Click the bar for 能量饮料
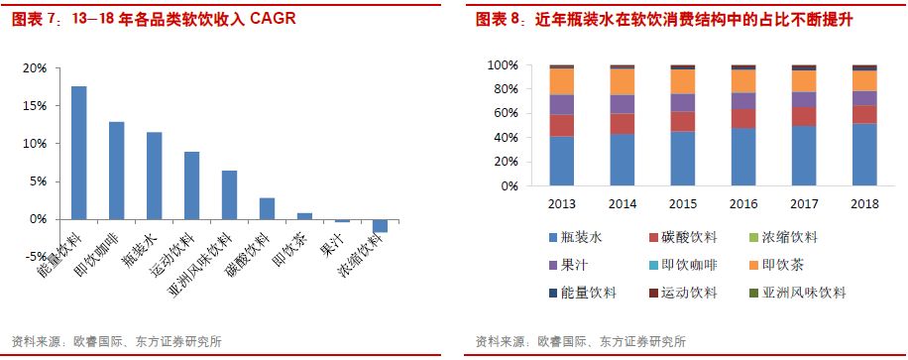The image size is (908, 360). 78,153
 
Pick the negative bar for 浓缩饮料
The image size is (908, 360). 380,225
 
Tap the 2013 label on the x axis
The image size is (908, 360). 561,203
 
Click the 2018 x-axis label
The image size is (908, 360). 863,203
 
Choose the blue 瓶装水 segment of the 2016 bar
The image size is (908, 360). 742,157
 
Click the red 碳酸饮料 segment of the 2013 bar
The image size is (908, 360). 561,125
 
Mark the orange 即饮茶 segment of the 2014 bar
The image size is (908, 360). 622,81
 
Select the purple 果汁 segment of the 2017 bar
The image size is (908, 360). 803,99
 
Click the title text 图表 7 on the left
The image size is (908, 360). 33,19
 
